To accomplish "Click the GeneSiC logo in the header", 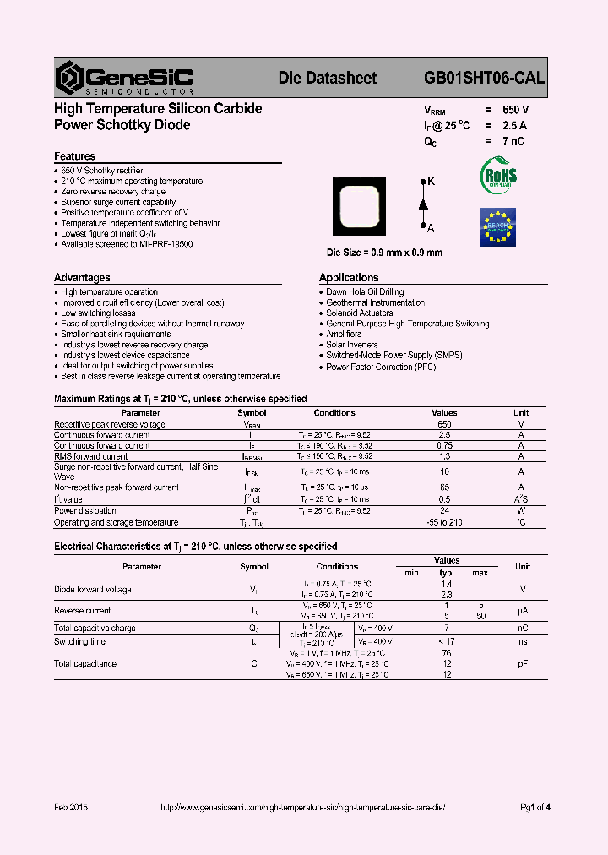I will pyautogui.click(x=124, y=78).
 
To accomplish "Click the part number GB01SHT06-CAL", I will pyautogui.click(x=484, y=78).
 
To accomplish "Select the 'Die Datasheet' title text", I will pyautogui.click(x=328, y=78).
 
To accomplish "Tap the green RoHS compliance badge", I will pyautogui.click(x=498, y=175).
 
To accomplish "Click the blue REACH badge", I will pyautogui.click(x=497, y=226).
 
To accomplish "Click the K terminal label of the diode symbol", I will pyautogui.click(x=432, y=182).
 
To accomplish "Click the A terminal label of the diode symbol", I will pyautogui.click(x=431, y=228).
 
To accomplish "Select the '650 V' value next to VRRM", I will pyautogui.click(x=515, y=110).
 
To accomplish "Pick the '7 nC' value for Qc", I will pyautogui.click(x=513, y=141).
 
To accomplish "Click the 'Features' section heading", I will pyautogui.click(x=74, y=156).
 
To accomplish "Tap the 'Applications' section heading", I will pyautogui.click(x=349, y=277).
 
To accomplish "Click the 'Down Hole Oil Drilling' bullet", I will pyautogui.click(x=365, y=292).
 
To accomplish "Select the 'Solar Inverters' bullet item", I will pyautogui.click(x=351, y=345).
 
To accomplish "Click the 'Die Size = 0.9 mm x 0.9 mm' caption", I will pyautogui.click(x=384, y=253).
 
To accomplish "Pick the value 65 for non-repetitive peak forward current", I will pyautogui.click(x=444, y=487).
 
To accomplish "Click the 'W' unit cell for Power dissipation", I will pyautogui.click(x=521, y=510).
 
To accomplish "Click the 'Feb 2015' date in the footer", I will pyautogui.click(x=71, y=807).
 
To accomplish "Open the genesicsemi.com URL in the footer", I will pyautogui.click(x=301, y=807).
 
